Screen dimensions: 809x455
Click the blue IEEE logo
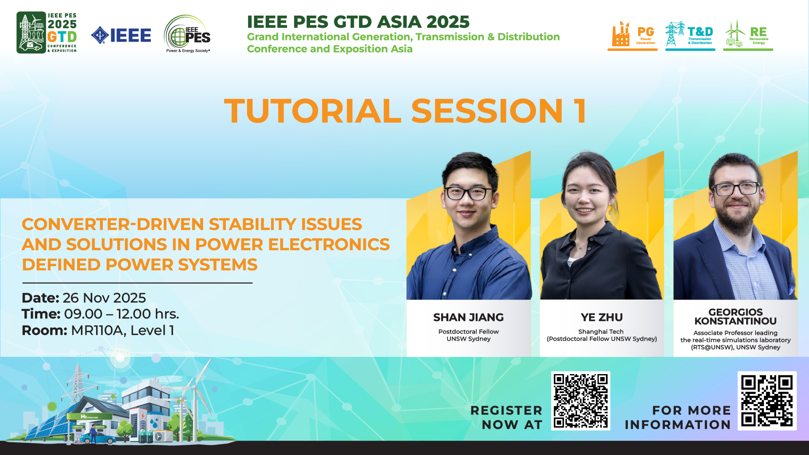click(121, 35)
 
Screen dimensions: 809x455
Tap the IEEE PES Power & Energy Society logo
click(188, 34)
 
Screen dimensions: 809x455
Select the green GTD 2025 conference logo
click(46, 32)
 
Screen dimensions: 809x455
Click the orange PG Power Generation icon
click(632, 35)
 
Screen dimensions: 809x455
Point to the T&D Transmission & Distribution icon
click(690, 35)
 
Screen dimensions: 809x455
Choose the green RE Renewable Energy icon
click(748, 35)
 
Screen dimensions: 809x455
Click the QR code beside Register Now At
click(581, 401)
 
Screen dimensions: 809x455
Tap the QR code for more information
click(767, 401)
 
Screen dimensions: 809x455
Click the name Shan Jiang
click(469, 317)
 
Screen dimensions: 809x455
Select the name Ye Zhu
click(602, 317)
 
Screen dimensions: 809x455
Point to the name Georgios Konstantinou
click(735, 316)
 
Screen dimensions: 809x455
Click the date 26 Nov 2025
click(104, 298)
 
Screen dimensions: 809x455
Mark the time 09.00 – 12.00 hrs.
click(121, 314)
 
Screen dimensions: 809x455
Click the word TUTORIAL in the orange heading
click(313, 111)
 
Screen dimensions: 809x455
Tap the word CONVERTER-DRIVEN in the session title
click(113, 224)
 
